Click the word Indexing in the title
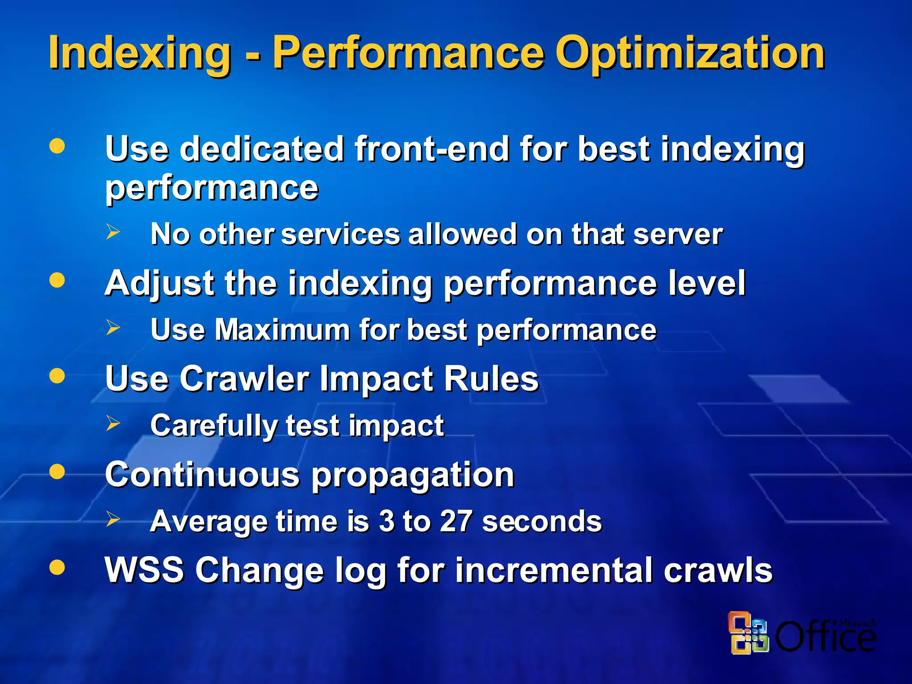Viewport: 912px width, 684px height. pos(139,53)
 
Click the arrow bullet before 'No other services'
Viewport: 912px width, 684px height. pos(113,232)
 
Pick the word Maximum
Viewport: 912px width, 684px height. pos(282,330)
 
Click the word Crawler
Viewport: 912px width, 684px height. pos(244,379)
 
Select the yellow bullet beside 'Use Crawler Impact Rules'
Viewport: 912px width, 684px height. pos(57,376)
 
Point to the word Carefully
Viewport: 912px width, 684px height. pos(214,426)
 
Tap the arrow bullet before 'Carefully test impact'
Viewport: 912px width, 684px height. pos(113,423)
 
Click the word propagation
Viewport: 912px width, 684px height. pos(412,476)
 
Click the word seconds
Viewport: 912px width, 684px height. pos(541,521)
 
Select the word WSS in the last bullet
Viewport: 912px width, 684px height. pos(144,570)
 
